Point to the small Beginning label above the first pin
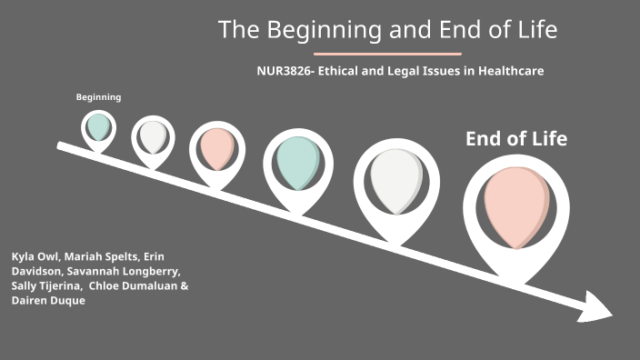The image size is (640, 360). (x=98, y=97)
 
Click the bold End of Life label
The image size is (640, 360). (x=515, y=139)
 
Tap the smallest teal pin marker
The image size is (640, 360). (x=98, y=126)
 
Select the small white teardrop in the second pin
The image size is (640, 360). (x=153, y=136)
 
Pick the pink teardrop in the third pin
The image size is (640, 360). (x=217, y=147)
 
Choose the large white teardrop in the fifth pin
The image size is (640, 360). (x=396, y=179)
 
